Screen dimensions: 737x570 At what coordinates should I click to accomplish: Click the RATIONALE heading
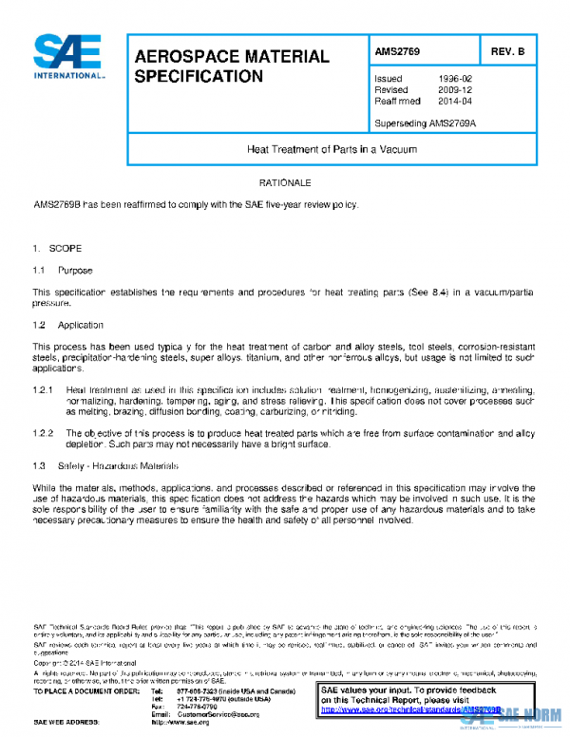pyautogui.click(x=285, y=180)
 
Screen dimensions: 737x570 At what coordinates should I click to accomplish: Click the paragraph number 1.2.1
pyautogui.click(x=44, y=390)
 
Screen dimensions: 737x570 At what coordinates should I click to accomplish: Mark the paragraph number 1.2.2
pyautogui.click(x=44, y=432)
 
